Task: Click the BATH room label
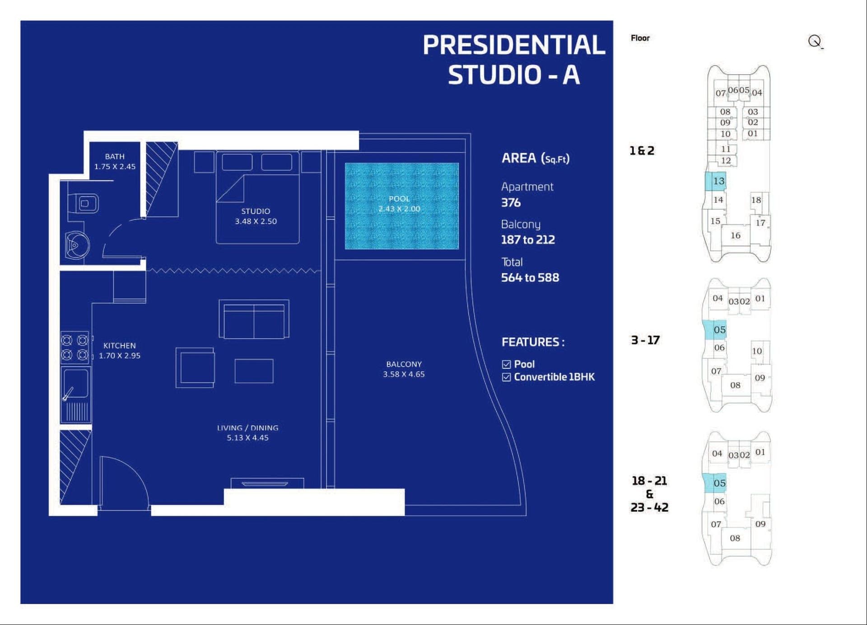(x=115, y=156)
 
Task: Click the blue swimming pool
(x=401, y=206)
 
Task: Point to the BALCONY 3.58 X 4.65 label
(x=404, y=369)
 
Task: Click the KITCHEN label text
(x=120, y=346)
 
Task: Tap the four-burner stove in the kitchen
(x=75, y=348)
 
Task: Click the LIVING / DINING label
(x=247, y=428)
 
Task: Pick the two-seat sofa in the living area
(x=254, y=319)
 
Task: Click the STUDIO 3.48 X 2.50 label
(x=256, y=216)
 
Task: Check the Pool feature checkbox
(x=506, y=364)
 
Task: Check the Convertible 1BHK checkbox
(x=506, y=377)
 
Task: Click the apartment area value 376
(x=511, y=202)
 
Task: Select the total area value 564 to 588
(x=530, y=277)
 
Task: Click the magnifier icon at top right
(x=815, y=42)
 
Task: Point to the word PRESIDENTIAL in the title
(x=514, y=45)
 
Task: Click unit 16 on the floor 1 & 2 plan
(x=736, y=235)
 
